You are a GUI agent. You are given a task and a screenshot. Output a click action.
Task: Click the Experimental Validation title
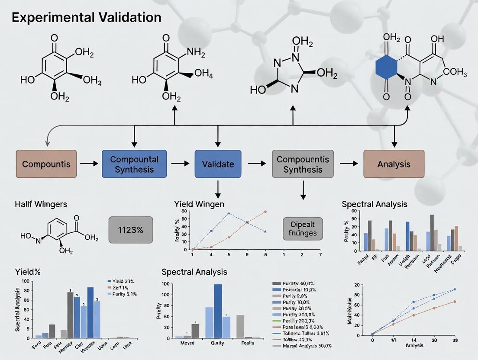(x=87, y=18)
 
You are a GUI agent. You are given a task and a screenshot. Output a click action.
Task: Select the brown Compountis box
(x=46, y=164)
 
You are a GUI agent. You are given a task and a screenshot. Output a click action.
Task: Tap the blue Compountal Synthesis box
(x=134, y=164)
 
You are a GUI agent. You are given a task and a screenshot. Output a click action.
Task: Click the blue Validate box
(x=218, y=164)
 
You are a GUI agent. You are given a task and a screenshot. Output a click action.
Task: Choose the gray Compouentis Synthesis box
(x=303, y=164)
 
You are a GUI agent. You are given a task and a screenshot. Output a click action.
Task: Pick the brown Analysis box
(x=394, y=164)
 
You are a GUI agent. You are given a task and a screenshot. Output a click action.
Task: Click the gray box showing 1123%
(x=130, y=230)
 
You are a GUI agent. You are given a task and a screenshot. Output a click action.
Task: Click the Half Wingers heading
(x=42, y=204)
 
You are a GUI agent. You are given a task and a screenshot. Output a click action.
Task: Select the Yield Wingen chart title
(x=199, y=204)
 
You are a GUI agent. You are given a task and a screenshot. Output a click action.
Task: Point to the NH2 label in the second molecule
(x=196, y=53)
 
